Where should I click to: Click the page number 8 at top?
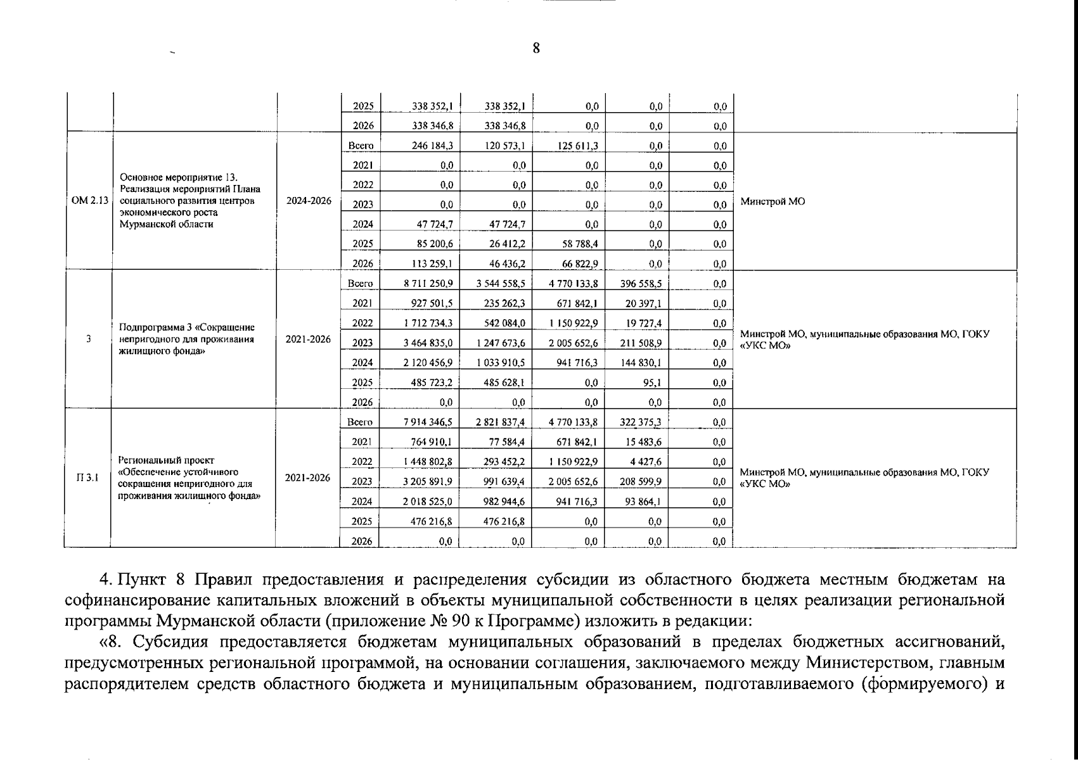click(x=536, y=49)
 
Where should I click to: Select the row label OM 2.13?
click(x=89, y=201)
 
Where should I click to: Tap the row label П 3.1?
click(x=87, y=478)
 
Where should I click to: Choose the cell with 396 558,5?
click(x=641, y=284)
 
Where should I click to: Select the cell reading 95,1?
click(x=651, y=383)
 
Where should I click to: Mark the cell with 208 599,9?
click(x=641, y=481)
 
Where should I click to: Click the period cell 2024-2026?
click(x=309, y=201)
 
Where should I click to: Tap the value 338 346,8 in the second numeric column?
click(x=504, y=126)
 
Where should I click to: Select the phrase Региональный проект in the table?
click(x=166, y=460)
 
